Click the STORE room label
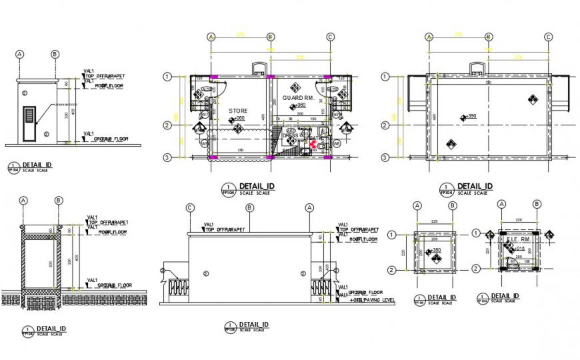(x=238, y=111)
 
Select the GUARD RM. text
(x=297, y=97)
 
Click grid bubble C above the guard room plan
(x=330, y=37)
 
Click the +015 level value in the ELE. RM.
(x=520, y=247)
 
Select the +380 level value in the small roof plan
(x=436, y=251)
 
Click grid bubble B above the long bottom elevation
(x=249, y=208)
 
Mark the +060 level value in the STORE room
(x=238, y=119)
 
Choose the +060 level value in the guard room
(x=301, y=105)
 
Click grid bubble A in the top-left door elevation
(x=20, y=54)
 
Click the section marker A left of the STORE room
(x=199, y=127)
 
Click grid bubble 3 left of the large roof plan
(x=385, y=157)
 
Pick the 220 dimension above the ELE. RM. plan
(x=517, y=219)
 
